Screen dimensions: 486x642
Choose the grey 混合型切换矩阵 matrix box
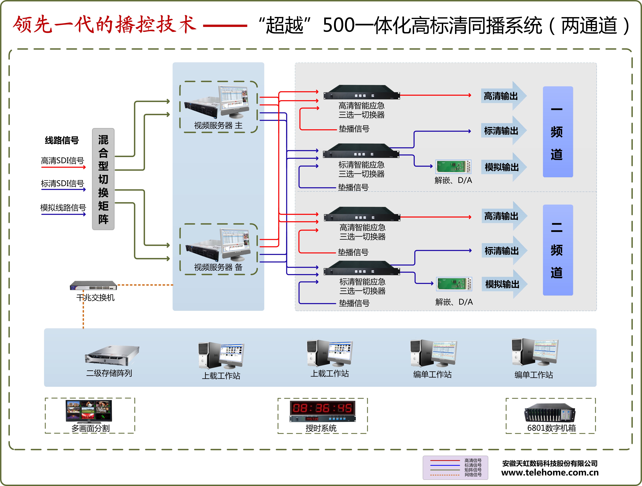[x=103, y=179]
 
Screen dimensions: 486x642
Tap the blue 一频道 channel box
[x=557, y=132]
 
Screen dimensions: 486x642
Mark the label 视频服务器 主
[x=218, y=125]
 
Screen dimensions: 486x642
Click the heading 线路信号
[x=62, y=140]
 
